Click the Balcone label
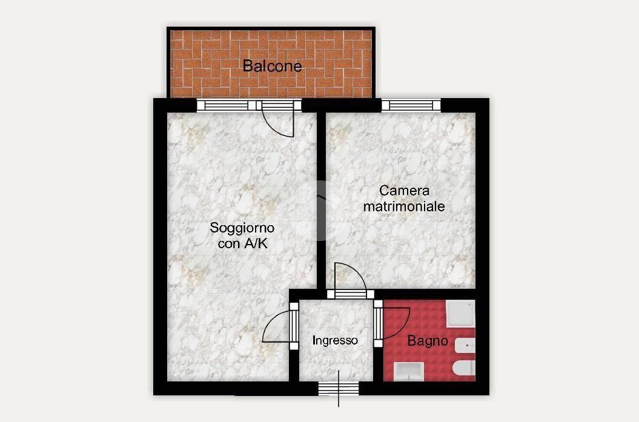(272, 66)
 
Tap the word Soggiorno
(242, 228)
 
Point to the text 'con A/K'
(242, 243)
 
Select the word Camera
(404, 190)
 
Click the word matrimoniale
(404, 206)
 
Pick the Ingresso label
(335, 340)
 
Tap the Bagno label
(428, 340)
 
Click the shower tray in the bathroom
(460, 314)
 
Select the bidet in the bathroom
(465, 348)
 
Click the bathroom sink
(409, 372)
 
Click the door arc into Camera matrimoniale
(351, 276)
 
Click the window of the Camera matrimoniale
(411, 105)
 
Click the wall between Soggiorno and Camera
(321, 200)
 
